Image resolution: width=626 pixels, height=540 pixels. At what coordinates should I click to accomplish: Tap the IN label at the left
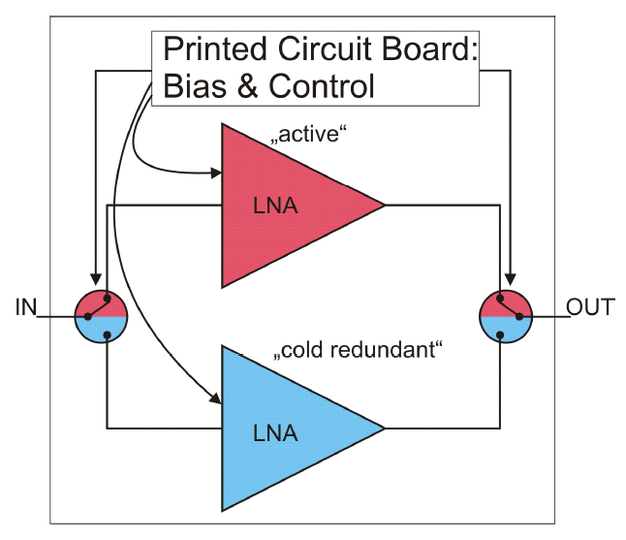point(26,308)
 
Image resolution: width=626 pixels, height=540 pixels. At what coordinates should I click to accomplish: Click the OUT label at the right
point(590,307)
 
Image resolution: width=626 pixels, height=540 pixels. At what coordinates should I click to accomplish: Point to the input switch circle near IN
point(101,316)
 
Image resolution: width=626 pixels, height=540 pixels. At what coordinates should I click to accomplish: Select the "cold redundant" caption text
point(359,350)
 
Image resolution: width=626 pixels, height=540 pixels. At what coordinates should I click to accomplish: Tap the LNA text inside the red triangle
point(274,206)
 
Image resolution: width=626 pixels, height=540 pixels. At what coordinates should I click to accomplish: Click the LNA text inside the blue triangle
point(274,428)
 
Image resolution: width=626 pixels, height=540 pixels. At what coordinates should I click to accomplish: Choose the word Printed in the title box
point(215,50)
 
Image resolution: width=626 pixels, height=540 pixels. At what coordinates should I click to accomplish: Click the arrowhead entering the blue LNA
point(217,397)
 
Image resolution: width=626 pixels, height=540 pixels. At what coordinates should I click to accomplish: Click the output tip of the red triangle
point(384,206)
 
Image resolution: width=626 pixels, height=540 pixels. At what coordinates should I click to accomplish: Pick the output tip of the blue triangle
point(384,428)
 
